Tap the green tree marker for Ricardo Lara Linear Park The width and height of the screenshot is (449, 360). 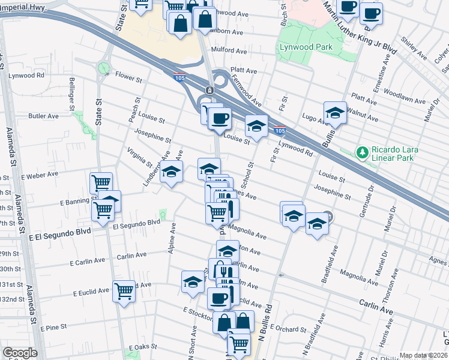362,152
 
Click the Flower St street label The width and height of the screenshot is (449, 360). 128,79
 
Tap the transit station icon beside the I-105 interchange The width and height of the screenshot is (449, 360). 209,90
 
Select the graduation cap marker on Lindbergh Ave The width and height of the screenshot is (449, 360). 171,173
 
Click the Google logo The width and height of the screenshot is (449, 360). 20,353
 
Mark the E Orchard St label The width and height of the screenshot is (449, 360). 288,328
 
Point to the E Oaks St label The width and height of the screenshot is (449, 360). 142,347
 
